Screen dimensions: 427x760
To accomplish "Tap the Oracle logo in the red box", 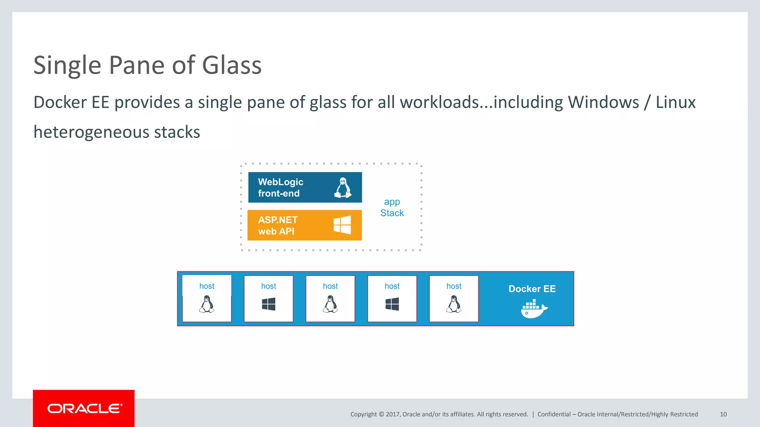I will point(84,408).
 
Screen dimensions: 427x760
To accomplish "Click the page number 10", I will point(723,414).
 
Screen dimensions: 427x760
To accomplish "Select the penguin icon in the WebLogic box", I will point(343,188).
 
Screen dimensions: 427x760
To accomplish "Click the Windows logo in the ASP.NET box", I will point(342,225).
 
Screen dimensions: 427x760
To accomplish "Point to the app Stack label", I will point(392,207).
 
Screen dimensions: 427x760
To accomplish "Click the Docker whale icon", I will point(533,309).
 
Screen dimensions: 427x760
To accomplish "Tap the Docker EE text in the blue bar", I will point(532,289).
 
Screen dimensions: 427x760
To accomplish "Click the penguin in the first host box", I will point(207,304).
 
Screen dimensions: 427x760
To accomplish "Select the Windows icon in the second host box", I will point(269,304).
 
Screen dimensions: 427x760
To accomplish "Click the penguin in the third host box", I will point(330,304).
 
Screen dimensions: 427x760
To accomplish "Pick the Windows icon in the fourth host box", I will point(392,304).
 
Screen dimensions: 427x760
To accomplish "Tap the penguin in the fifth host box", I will point(454,304).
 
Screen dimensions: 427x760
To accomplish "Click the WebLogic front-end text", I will point(281,188).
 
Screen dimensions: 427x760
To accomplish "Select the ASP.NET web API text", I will point(278,225).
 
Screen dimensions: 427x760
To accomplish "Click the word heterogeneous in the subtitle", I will point(91,132).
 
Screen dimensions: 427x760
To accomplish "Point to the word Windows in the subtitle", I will point(603,102).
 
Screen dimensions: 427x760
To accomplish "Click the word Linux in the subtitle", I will point(675,102).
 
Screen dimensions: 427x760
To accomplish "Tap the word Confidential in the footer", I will point(554,414).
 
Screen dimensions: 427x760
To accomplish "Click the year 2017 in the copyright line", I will point(393,414).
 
